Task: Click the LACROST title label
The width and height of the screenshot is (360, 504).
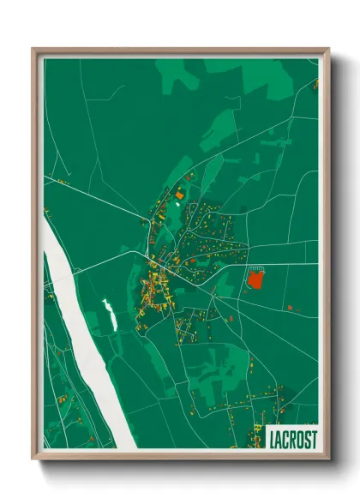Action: click(292, 439)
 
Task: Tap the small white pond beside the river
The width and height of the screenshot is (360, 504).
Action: click(109, 314)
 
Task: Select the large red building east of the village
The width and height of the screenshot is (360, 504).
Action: click(255, 278)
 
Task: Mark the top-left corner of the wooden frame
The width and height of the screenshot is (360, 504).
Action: click(33, 49)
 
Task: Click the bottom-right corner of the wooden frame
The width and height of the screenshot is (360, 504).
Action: click(328, 459)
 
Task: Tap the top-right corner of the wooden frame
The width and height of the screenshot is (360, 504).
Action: click(328, 49)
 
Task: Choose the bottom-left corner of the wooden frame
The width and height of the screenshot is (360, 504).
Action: click(33, 459)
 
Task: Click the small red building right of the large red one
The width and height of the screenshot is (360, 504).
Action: click(291, 306)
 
